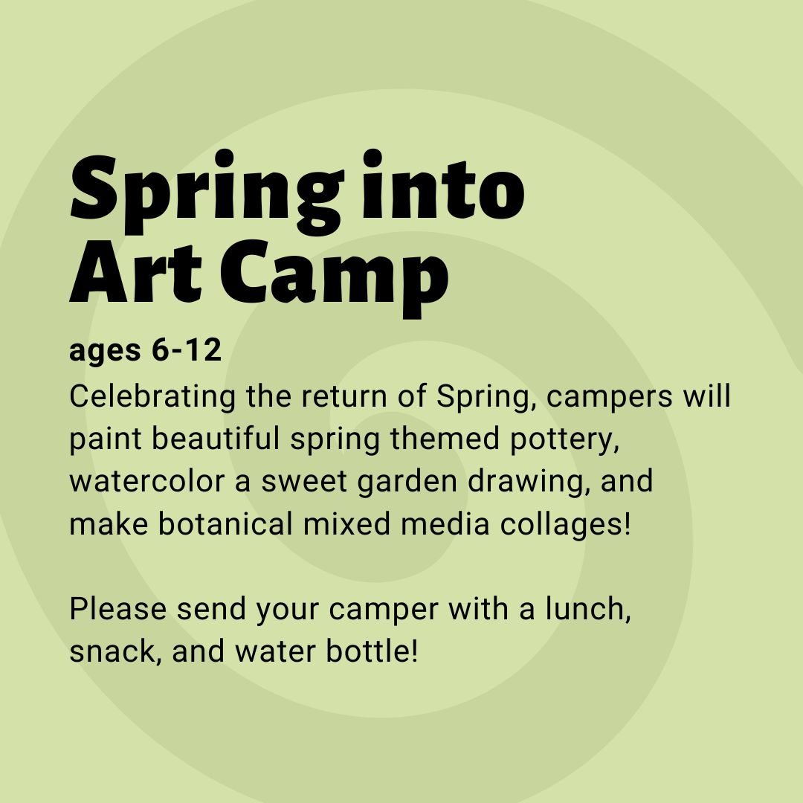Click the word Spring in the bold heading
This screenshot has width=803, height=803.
[207, 193]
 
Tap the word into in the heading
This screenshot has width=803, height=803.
[443, 185]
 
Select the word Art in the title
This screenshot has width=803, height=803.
[136, 271]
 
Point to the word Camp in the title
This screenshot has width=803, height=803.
[335, 279]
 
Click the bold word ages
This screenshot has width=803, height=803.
[105, 351]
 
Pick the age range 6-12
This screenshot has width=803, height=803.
[187, 349]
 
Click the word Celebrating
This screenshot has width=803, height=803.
[152, 397]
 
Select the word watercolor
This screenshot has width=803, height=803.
[147, 481]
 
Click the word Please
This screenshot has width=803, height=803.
[117, 609]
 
